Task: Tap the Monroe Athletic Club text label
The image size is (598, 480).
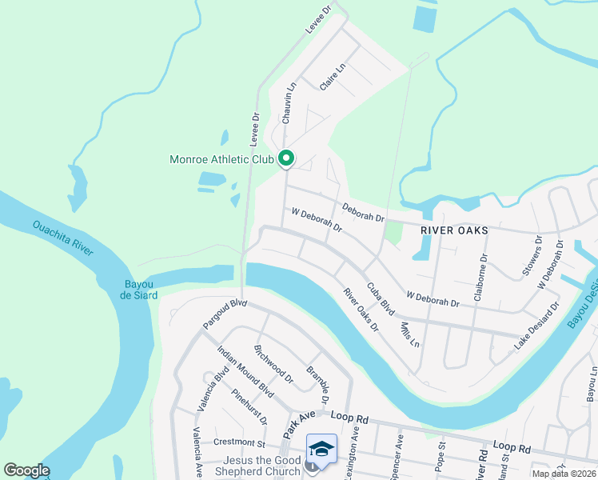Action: pos(221,159)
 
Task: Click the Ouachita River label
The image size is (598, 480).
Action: pos(63,237)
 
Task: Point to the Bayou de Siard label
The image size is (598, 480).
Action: pos(140,290)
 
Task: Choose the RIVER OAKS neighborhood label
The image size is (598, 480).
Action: pos(454,229)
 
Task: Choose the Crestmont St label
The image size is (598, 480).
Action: pos(238,442)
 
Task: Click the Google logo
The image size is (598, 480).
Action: pos(27,470)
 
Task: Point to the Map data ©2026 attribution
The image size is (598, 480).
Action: pos(564,474)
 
